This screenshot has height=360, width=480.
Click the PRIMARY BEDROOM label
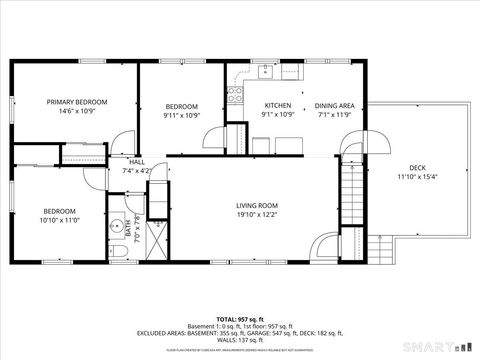pos(78,102)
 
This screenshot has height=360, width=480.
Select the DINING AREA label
pos(334,105)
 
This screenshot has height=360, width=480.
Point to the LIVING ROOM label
pos(257,204)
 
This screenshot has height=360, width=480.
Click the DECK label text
pos(418,167)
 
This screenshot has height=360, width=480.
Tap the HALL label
pos(136,161)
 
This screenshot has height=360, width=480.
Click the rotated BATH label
pos(130,231)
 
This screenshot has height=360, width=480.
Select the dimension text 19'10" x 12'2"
pos(257,214)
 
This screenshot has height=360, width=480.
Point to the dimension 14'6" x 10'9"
pos(78,112)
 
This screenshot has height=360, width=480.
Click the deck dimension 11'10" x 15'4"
pos(418,177)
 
